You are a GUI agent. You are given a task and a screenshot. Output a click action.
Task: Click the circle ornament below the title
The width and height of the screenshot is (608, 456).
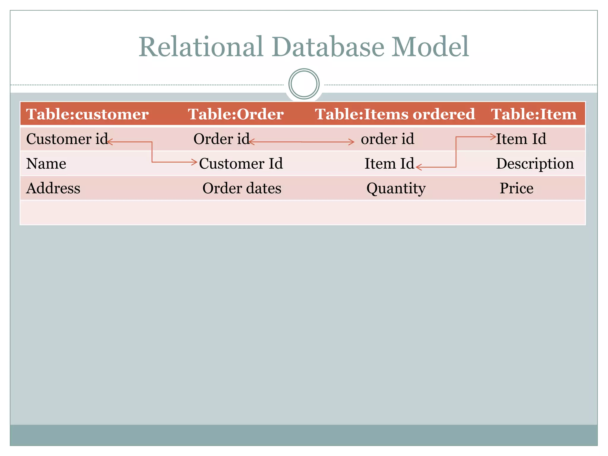304,84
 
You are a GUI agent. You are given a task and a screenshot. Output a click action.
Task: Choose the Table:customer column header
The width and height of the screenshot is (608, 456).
87,114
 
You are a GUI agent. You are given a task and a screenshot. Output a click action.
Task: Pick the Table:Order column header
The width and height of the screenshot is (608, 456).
236,114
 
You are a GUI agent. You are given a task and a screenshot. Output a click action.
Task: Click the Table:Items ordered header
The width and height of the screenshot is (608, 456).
395,114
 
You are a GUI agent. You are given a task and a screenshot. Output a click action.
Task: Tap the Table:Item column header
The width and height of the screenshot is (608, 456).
534,114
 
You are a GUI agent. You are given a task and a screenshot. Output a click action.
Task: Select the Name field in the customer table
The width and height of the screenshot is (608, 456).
46,164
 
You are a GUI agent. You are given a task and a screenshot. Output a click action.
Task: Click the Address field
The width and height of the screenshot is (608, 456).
53,188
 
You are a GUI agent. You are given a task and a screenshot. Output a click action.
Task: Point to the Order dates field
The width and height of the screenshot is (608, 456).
242,188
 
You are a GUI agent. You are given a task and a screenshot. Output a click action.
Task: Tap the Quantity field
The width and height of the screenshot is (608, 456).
396,188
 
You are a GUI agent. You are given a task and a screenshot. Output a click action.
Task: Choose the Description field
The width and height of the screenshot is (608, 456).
535,164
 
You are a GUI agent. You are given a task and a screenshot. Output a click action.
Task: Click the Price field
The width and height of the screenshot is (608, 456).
516,188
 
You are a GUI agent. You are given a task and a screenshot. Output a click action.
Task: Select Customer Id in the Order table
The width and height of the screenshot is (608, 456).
241,164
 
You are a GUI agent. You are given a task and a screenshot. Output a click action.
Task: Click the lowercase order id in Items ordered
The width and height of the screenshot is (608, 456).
387,139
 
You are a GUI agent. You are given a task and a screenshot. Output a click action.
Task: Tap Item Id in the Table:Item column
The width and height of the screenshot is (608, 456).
521,139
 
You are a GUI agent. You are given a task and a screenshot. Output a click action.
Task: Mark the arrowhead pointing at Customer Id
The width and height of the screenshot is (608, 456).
195,162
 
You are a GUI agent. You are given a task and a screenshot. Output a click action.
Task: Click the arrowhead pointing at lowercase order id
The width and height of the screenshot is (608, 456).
352,142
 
